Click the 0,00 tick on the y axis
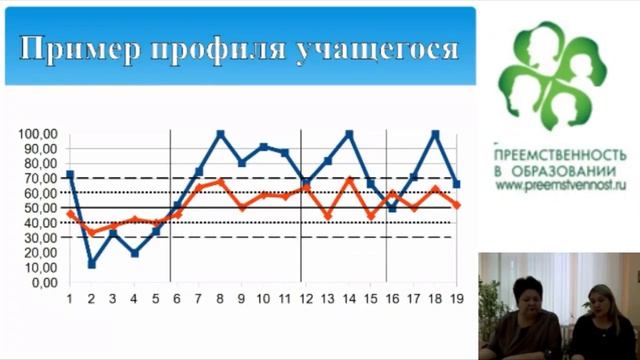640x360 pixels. coord(48,282)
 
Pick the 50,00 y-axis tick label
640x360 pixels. coord(44,208)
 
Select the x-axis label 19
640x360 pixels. coord(456,298)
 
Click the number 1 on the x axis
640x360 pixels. coord(70,298)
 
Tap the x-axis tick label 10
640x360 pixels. coord(264,298)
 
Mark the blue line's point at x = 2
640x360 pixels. coord(91,264)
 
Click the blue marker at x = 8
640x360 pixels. coord(221,134)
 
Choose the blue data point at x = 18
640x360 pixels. coord(435,134)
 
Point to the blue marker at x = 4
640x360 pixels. coord(134,253)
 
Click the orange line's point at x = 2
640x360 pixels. coord(91,232)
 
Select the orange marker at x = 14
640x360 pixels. coord(350,180)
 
